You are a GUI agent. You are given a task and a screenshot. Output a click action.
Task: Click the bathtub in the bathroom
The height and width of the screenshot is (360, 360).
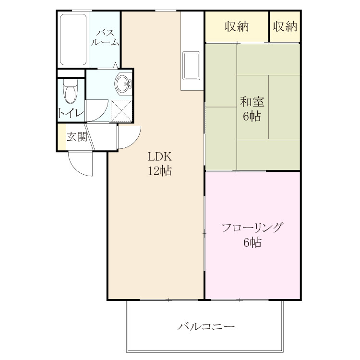(73, 39)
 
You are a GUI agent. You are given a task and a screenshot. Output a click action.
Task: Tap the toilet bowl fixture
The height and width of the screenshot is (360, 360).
(71, 91)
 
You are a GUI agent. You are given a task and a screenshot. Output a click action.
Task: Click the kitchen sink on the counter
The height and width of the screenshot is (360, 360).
(191, 66)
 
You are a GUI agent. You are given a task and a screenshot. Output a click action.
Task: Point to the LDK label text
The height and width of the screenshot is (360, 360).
(159, 157)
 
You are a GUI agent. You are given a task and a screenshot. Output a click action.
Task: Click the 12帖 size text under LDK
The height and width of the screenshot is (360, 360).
(159, 170)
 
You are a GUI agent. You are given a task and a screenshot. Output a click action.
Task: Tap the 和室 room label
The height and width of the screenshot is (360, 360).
(252, 102)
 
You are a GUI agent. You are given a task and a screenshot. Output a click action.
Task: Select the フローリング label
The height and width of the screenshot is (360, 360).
(252, 228)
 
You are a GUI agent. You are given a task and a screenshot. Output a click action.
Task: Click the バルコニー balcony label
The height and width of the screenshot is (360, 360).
(206, 326)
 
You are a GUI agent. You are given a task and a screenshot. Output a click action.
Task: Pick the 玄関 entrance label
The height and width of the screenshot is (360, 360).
(77, 137)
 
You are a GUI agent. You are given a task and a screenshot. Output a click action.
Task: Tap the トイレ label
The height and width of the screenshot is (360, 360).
(71, 113)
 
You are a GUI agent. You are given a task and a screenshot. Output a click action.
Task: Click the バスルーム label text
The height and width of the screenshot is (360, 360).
(105, 37)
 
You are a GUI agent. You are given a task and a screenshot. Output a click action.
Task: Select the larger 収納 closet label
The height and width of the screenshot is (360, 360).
(237, 26)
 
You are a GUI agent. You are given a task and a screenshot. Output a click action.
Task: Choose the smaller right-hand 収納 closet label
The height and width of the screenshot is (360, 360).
(285, 26)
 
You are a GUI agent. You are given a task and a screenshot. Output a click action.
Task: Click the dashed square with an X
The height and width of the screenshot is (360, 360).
(121, 111)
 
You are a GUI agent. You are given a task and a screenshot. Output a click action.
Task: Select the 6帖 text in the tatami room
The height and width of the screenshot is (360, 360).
(252, 116)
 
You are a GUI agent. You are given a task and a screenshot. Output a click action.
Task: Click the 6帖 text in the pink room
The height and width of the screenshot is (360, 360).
(252, 242)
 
